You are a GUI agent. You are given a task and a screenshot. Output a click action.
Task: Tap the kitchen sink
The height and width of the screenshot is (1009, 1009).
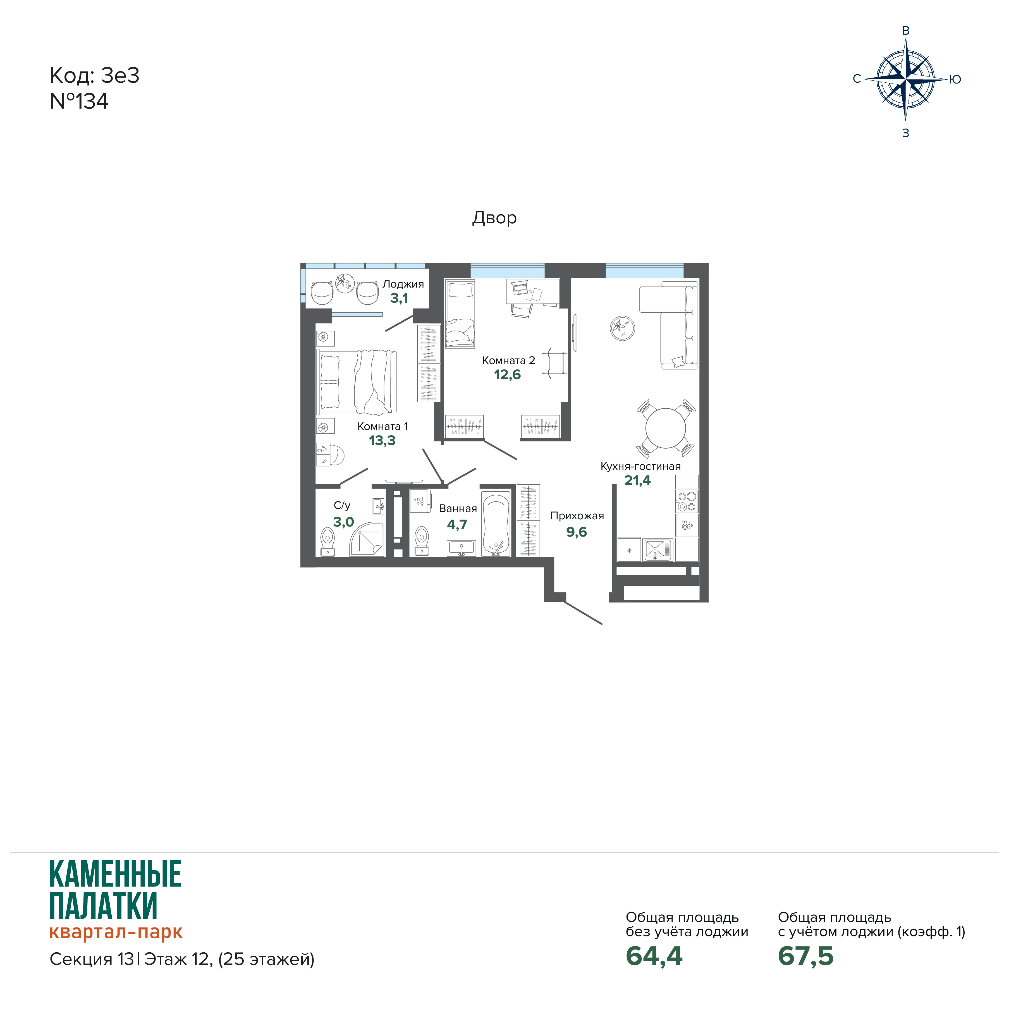(x=658, y=549)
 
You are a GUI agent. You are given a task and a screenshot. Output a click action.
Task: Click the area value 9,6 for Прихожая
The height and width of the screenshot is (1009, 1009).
(x=577, y=532)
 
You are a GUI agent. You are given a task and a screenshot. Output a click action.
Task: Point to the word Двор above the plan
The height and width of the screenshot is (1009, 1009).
(x=494, y=218)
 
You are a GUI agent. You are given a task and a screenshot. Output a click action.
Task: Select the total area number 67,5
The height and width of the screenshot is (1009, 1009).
(x=806, y=956)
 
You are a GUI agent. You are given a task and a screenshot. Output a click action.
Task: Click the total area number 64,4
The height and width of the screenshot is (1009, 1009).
(x=654, y=956)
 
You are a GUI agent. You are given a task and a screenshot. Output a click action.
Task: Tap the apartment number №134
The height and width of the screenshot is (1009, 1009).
(x=79, y=101)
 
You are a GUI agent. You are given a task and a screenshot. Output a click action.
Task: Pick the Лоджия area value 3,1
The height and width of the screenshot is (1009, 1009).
(x=400, y=298)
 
